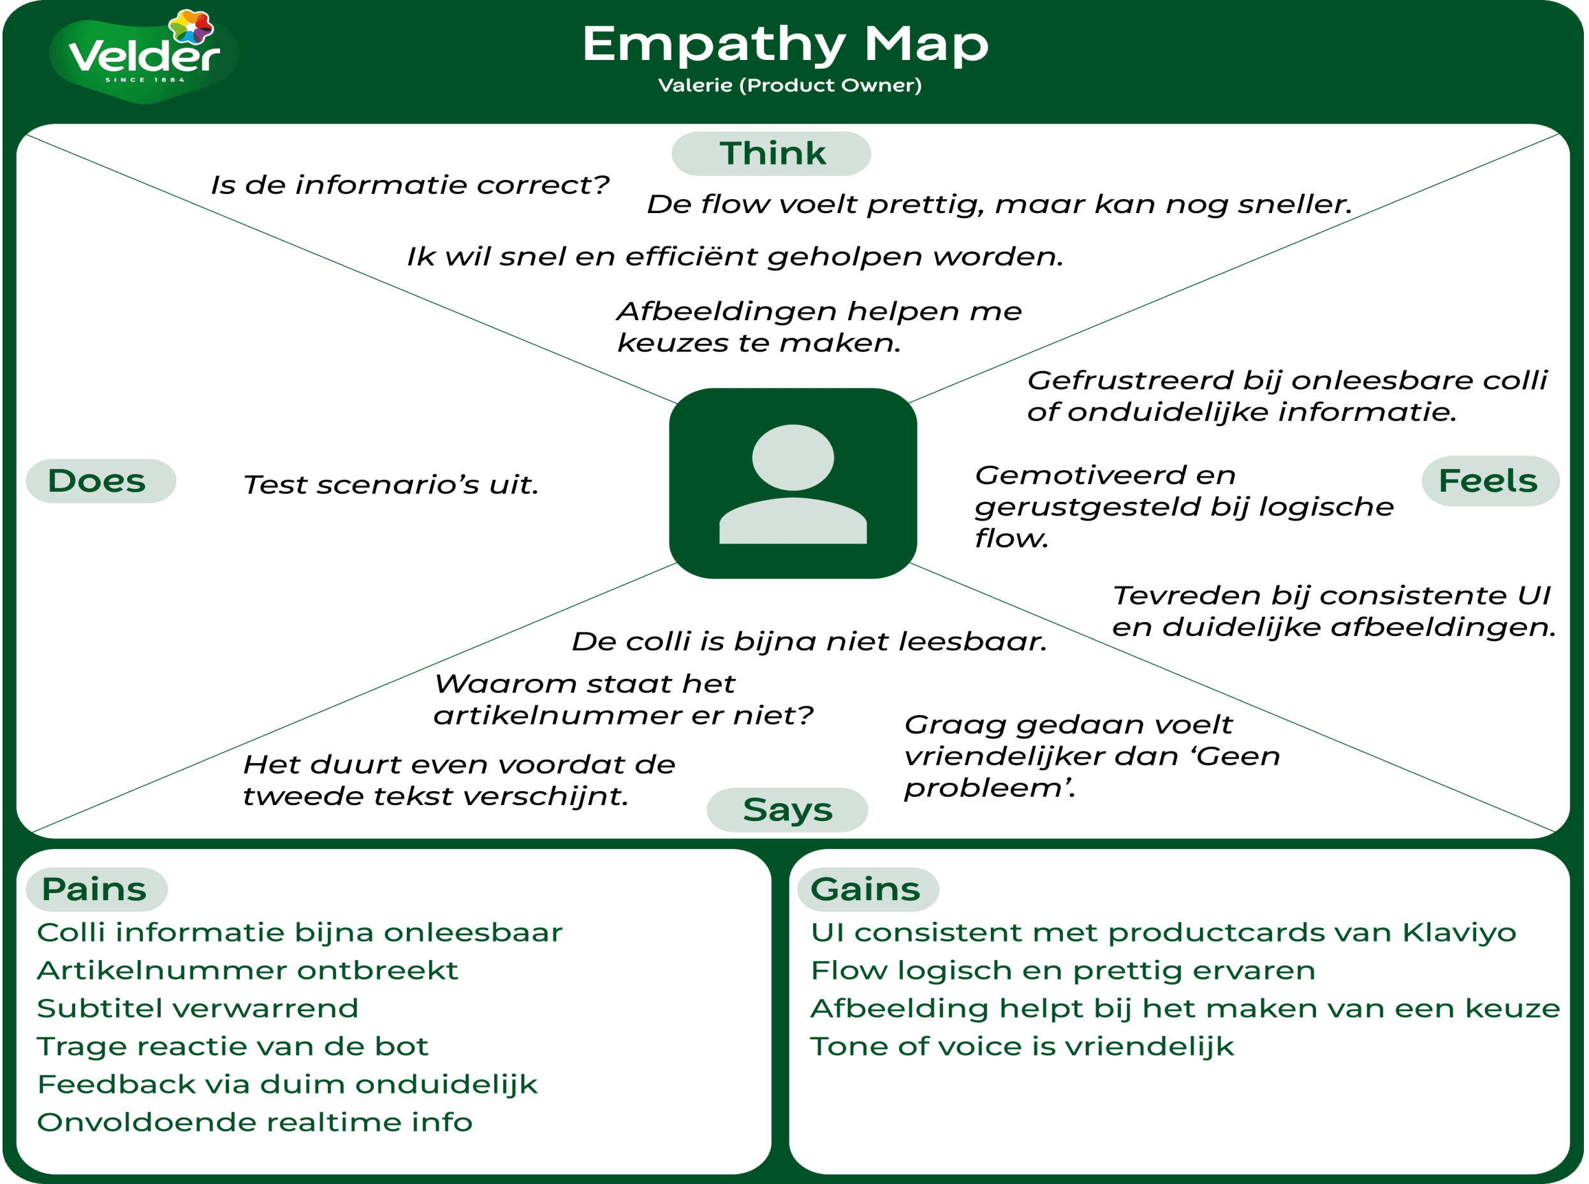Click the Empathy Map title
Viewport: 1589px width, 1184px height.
click(785, 45)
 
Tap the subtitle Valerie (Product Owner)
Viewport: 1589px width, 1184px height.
click(789, 85)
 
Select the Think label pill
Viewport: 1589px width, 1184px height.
click(772, 153)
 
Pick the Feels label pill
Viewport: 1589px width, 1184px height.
click(1490, 481)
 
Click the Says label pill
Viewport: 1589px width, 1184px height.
click(787, 810)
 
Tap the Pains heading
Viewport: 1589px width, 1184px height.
click(95, 889)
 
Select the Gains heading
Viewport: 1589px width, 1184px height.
click(866, 889)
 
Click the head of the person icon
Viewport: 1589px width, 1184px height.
click(793, 457)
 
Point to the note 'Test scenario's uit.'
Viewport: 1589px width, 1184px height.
click(390, 485)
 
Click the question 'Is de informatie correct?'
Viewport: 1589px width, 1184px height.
click(409, 186)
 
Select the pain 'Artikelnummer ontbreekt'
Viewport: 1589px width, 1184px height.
click(247, 970)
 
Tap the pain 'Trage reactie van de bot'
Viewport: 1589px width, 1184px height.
click(232, 1046)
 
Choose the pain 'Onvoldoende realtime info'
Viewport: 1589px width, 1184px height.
click(254, 1122)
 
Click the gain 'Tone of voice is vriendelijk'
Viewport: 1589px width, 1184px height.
click(1021, 1046)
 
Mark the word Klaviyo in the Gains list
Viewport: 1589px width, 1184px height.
click(1459, 933)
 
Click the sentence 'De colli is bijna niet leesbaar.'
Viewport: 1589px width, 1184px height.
click(809, 642)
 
